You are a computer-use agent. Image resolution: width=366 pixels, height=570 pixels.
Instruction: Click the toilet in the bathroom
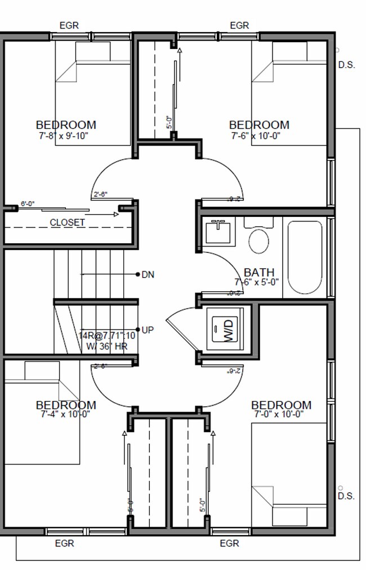pyautogui.click(x=258, y=239)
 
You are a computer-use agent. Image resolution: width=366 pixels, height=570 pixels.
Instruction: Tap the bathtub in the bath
pyautogui.click(x=305, y=258)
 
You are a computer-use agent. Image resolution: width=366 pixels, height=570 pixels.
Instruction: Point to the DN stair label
pyautogui.click(x=148, y=275)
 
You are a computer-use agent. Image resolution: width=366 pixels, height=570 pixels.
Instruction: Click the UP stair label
pyautogui.click(x=148, y=330)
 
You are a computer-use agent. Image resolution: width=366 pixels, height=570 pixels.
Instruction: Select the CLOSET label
pyautogui.click(x=68, y=222)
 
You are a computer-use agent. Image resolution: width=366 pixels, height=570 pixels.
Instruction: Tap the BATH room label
pyautogui.click(x=259, y=273)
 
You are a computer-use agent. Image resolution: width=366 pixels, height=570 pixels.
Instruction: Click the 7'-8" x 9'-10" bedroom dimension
pyautogui.click(x=64, y=135)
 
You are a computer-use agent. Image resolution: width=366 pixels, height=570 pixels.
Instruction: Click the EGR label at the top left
pyautogui.click(x=69, y=25)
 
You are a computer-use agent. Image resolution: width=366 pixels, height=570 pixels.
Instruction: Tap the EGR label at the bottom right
pyautogui.click(x=229, y=544)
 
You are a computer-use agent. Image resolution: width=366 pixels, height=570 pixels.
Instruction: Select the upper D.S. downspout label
pyautogui.click(x=347, y=65)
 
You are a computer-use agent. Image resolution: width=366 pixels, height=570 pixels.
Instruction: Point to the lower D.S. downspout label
pyautogui.click(x=346, y=496)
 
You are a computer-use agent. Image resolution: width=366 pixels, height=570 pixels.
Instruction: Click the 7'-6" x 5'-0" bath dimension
pyautogui.click(x=257, y=282)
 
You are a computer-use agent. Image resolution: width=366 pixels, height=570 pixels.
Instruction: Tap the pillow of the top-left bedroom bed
pyautogui.click(x=93, y=52)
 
